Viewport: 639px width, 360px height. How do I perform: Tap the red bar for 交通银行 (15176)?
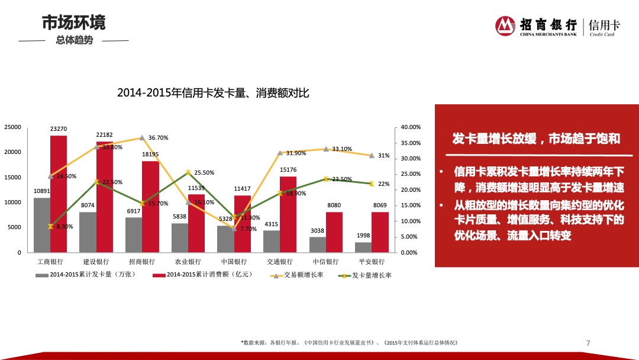tap(288, 214)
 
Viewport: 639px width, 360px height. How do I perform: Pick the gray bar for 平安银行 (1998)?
tap(363, 247)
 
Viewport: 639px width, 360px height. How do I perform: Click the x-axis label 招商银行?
tap(142, 262)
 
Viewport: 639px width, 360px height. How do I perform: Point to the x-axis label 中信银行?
tap(325, 262)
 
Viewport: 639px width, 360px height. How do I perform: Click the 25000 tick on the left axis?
tap(12, 127)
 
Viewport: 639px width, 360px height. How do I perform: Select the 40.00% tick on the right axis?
tap(410, 127)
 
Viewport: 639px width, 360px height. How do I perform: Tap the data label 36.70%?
tap(158, 138)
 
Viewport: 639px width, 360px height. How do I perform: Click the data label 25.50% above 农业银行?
tap(204, 173)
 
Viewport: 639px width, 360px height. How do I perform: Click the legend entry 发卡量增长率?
tap(372, 275)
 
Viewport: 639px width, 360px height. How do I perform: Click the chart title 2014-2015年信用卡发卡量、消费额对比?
tap(213, 93)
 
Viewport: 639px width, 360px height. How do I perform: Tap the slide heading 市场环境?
tap(73, 22)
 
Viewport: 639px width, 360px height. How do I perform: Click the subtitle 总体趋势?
tap(74, 41)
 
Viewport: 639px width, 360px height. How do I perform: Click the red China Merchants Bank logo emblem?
tap(505, 26)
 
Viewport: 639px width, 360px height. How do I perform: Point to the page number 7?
tap(588, 343)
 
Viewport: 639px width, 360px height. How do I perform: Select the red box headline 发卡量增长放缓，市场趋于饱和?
tap(536, 139)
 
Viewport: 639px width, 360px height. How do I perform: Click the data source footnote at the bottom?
tap(349, 343)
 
